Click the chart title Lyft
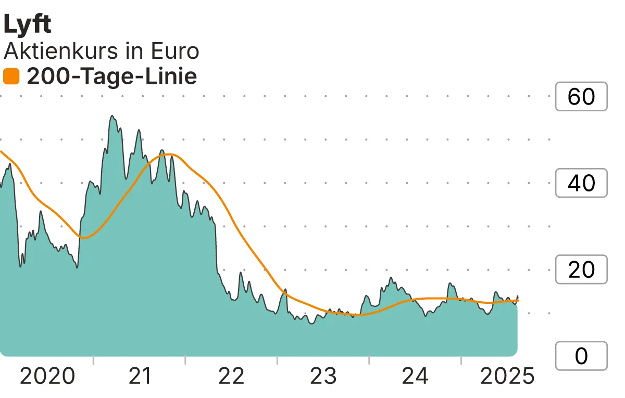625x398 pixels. pos(27,25)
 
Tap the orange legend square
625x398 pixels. pos(11,77)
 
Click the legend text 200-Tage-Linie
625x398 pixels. pos(111,77)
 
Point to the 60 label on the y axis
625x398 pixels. pos(581,96)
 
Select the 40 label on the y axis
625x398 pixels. pos(581,183)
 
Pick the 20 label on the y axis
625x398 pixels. pos(581,269)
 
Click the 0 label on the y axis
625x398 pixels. pos(581,356)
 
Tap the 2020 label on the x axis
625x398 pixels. pos(47,376)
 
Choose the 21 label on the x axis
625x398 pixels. pos(139,376)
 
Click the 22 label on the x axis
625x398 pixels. pos(231,376)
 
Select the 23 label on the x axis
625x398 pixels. pos(323,376)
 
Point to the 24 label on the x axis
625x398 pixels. pos(415,376)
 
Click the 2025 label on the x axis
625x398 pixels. pos(507,376)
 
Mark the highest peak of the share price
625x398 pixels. pos(113,116)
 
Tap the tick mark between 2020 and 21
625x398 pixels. pos(93,360)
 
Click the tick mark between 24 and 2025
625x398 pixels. pos(461,360)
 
